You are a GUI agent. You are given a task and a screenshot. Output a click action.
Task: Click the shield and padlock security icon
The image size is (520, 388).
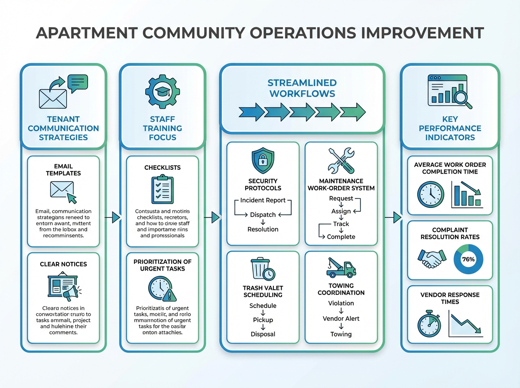click(263, 161)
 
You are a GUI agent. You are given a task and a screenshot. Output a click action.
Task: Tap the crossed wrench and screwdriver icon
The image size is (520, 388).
click(341, 162)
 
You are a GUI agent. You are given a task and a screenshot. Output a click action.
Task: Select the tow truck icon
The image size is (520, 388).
click(341, 268)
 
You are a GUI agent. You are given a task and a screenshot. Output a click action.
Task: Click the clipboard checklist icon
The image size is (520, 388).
click(162, 190)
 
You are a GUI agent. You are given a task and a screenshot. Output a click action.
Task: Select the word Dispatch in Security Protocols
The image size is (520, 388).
click(263, 215)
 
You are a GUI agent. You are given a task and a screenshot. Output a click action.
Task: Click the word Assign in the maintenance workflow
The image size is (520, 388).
click(341, 211)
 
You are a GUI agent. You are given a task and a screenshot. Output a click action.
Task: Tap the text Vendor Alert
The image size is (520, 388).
click(341, 319)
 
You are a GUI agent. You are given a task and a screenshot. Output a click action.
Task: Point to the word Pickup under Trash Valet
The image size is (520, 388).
click(263, 320)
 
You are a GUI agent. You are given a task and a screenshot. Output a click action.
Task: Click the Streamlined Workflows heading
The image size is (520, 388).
click(302, 88)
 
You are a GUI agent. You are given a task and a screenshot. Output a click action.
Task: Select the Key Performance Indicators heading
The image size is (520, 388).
click(449, 128)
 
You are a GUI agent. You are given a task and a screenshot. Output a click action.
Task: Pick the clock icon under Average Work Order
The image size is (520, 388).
click(431, 194)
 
